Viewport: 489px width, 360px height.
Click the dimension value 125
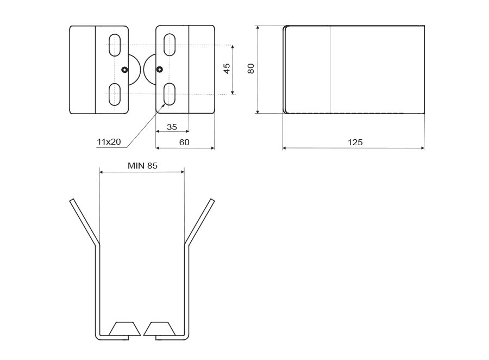click(x=355, y=142)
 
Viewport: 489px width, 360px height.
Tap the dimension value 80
click(x=250, y=69)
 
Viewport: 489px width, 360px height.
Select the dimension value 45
click(x=227, y=69)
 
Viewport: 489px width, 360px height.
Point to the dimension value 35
click(x=172, y=127)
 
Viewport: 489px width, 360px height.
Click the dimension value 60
click(x=184, y=142)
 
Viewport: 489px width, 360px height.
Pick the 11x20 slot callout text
click(x=109, y=142)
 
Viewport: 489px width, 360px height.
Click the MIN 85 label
click(x=142, y=165)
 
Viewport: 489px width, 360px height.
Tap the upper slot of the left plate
click(x=115, y=45)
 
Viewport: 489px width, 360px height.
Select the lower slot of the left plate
click(x=115, y=94)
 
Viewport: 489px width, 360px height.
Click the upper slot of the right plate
click(x=170, y=45)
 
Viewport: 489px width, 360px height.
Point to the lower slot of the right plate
click(x=170, y=94)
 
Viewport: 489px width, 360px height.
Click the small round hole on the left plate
click(x=124, y=70)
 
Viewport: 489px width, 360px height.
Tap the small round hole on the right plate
click(x=159, y=69)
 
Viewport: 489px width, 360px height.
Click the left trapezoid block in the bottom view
click(x=124, y=329)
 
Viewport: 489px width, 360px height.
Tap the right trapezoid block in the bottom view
click(x=159, y=329)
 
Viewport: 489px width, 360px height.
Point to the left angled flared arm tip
click(x=72, y=201)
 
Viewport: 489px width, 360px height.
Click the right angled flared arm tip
click(x=212, y=201)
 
